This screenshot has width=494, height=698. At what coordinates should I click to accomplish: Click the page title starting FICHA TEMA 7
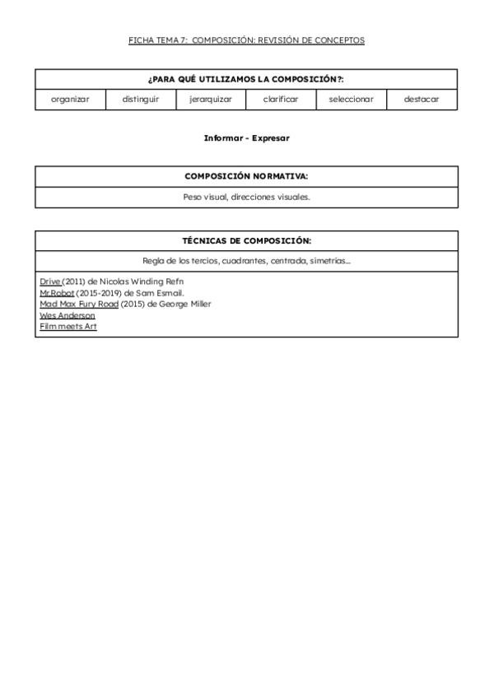(x=246, y=40)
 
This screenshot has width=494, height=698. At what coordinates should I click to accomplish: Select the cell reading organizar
(x=70, y=100)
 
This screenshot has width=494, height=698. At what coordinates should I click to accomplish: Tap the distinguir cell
(x=141, y=100)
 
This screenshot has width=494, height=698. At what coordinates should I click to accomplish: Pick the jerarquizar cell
(x=211, y=100)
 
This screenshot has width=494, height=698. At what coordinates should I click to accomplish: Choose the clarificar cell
(x=281, y=100)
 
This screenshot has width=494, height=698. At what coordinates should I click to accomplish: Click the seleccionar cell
(x=351, y=100)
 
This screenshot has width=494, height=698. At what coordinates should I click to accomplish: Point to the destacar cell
(x=422, y=100)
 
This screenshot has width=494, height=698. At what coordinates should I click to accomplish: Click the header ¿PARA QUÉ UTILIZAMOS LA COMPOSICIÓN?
(x=246, y=79)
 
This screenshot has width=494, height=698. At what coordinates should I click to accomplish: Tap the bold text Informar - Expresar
(x=246, y=138)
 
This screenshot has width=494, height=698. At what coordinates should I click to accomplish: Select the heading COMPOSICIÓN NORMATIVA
(x=246, y=176)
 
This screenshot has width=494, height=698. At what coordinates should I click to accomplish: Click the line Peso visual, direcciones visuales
(x=246, y=198)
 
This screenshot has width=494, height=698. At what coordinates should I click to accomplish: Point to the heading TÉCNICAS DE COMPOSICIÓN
(x=246, y=240)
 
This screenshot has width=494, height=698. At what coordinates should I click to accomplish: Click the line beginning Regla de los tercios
(x=246, y=261)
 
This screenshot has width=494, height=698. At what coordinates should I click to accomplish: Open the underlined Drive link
(x=50, y=282)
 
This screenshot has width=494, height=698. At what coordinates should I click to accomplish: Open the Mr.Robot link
(x=57, y=293)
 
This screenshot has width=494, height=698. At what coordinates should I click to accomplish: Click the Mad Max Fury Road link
(x=79, y=304)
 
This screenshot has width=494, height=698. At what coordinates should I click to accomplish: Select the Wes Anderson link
(x=68, y=315)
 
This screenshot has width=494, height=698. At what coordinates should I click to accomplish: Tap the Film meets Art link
(x=68, y=327)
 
